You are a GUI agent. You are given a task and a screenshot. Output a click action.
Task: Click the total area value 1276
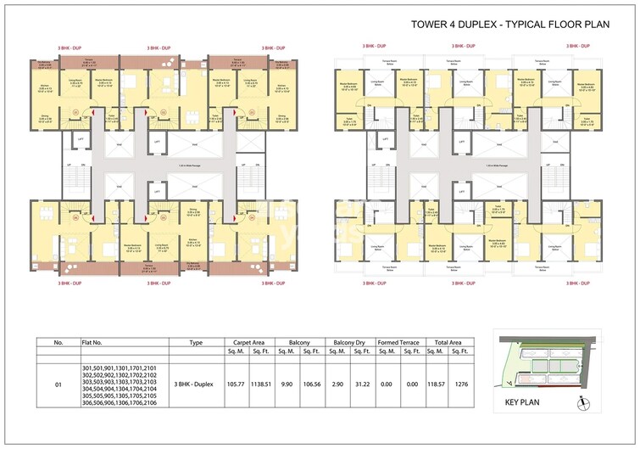(x=461, y=384)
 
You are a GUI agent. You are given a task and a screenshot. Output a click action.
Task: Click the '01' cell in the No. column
(x=58, y=384)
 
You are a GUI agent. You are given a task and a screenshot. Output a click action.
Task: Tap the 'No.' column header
(x=58, y=342)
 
